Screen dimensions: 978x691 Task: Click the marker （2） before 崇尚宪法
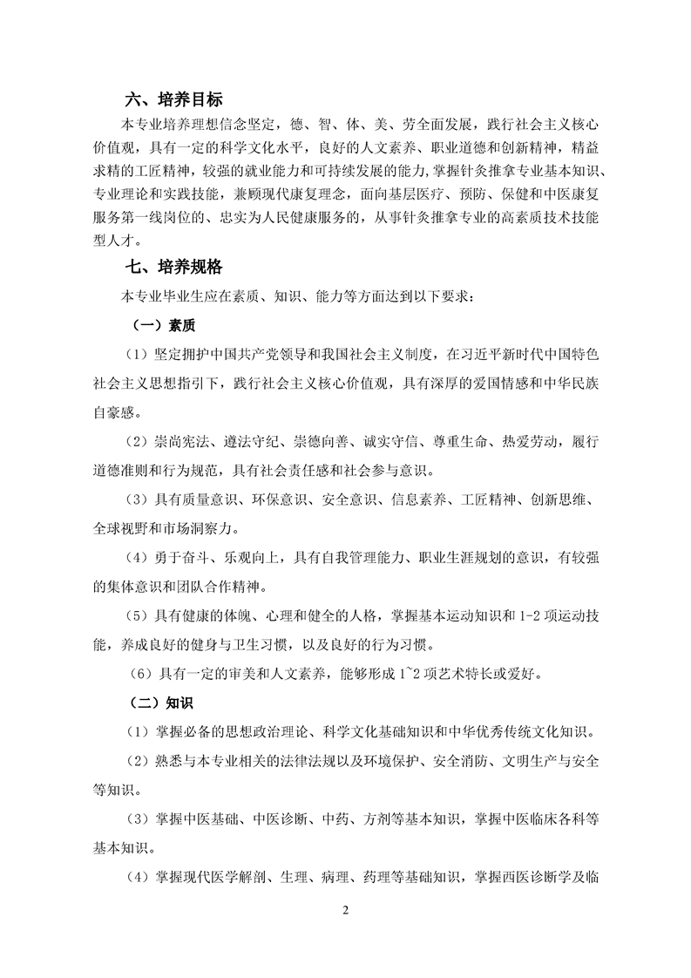click(137, 444)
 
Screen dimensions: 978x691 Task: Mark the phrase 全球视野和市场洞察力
click(164, 528)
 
